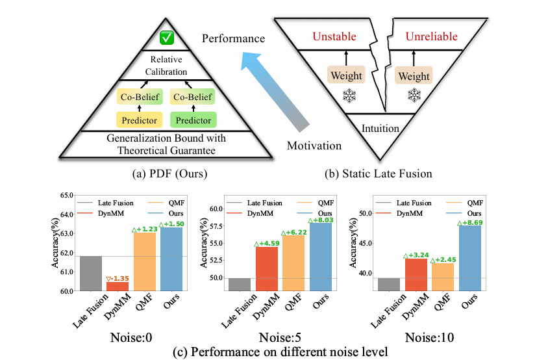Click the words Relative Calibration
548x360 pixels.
click(166, 66)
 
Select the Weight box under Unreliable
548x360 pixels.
click(414, 76)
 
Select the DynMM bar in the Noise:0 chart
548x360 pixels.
click(117, 286)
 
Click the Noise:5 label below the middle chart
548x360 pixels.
click(282, 339)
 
